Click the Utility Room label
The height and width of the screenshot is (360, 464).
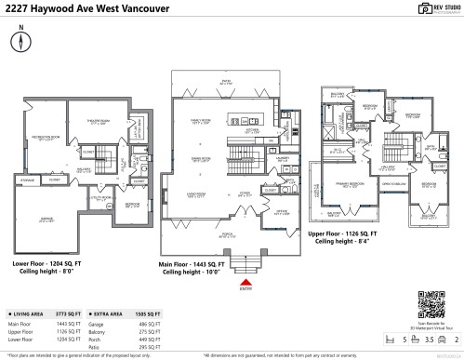(101, 197)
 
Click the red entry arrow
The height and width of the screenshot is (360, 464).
(245, 281)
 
